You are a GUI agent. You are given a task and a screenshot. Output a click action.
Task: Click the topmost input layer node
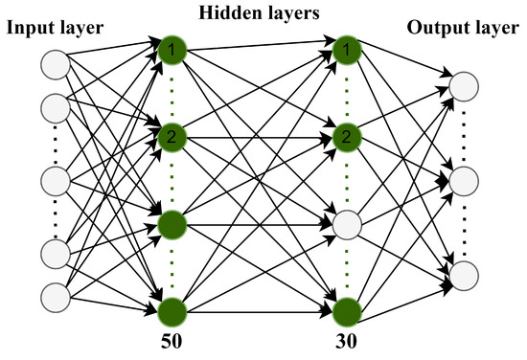coord(55,64)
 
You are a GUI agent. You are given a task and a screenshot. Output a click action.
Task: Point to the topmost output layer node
coord(464,86)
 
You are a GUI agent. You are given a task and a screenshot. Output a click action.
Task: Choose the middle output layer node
coord(464,180)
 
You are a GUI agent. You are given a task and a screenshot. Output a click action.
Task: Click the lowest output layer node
coord(464,274)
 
